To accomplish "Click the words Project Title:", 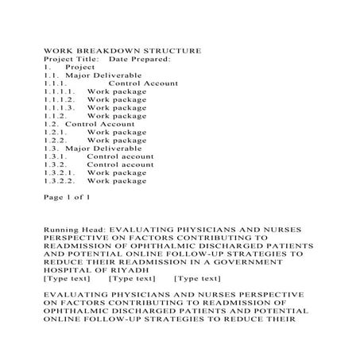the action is [x=72, y=60].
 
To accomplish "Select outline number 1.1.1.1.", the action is [x=60, y=92].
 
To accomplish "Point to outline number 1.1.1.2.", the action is [x=60, y=100].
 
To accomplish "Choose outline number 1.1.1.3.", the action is [x=60, y=108].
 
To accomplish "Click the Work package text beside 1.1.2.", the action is [x=117, y=116].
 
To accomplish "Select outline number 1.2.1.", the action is [x=57, y=132].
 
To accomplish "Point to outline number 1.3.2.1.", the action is [x=60, y=172].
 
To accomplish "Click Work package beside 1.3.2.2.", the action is [x=117, y=180].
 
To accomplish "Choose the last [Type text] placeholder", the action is [x=197, y=278].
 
